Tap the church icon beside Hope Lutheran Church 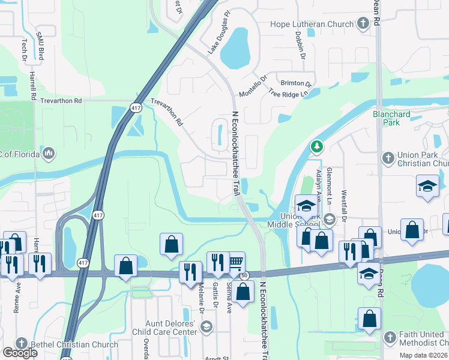(x=363, y=24)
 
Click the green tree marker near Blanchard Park (x=316, y=146)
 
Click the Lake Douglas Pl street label (x=219, y=37)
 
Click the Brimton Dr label (x=296, y=83)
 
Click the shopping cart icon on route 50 (x=236, y=261)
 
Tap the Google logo (x=20, y=353)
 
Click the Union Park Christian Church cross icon (x=388, y=157)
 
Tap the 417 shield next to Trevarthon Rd (x=136, y=107)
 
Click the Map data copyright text (x=423, y=355)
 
